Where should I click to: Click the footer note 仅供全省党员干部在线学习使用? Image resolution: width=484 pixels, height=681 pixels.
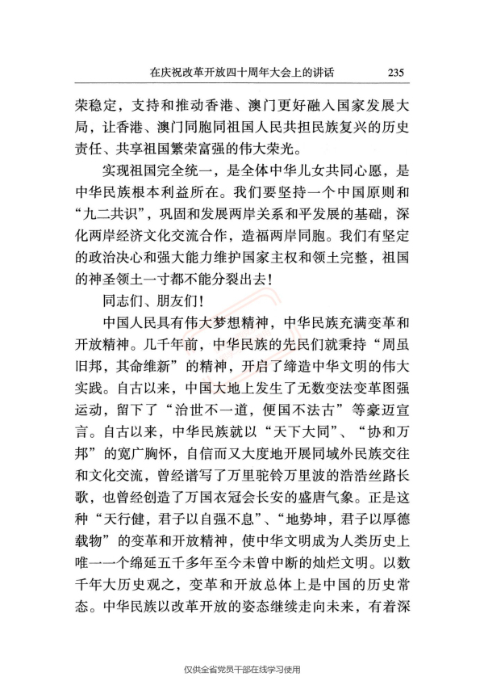tap(242, 669)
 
